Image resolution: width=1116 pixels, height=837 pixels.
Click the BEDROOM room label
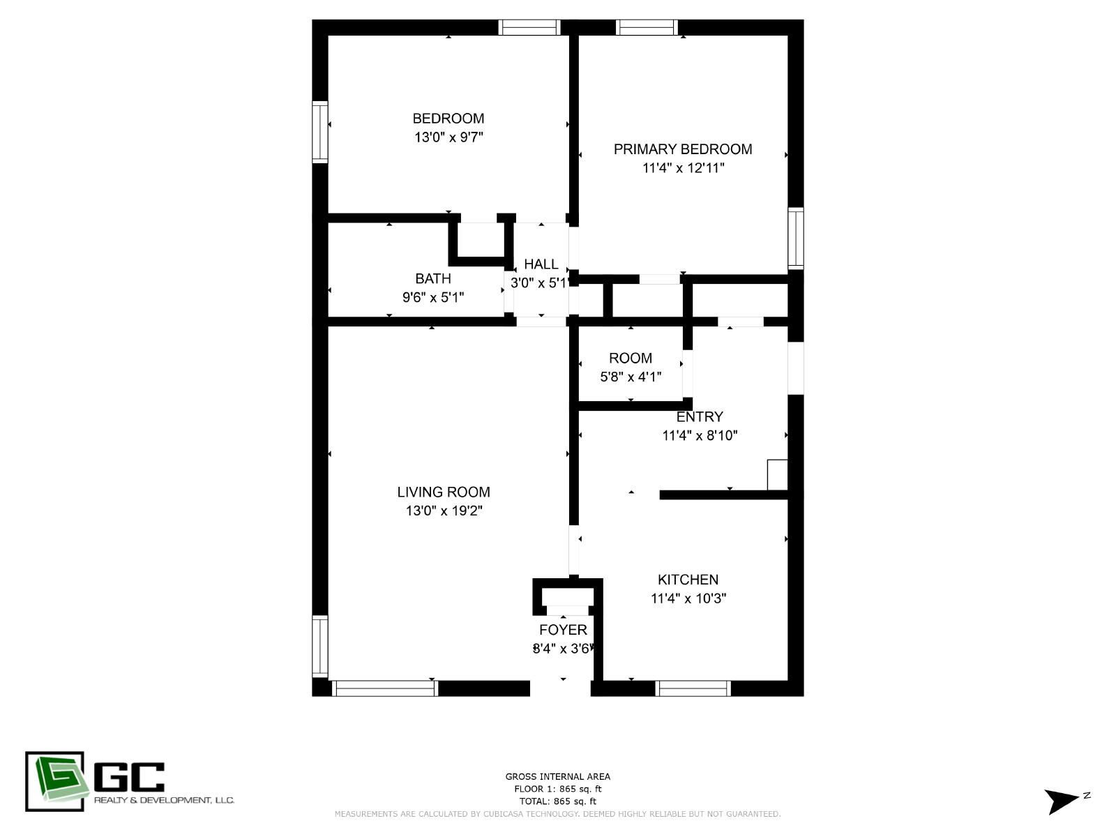(448, 119)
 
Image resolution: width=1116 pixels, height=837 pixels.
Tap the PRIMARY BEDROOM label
(683, 149)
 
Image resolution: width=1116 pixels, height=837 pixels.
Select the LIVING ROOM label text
(444, 492)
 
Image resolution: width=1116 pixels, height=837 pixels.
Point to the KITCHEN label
(688, 580)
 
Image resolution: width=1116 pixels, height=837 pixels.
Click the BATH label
(433, 278)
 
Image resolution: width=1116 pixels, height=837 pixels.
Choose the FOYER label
(563, 630)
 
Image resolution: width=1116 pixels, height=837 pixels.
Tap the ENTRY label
(699, 416)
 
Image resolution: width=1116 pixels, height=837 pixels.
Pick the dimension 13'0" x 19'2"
(444, 511)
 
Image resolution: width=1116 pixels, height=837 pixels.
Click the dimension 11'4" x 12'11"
(684, 167)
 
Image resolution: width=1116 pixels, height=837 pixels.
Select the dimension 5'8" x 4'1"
(631, 377)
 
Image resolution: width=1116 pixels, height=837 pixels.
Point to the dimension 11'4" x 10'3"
(688, 598)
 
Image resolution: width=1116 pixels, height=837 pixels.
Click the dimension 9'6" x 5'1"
(433, 297)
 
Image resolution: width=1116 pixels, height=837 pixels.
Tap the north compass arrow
(1061, 801)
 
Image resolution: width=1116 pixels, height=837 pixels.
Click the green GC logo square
(54, 781)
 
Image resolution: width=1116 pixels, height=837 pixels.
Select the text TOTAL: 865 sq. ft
(558, 801)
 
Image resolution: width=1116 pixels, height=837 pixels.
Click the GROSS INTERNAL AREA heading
(558, 776)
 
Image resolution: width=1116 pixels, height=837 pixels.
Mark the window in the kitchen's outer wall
(693, 688)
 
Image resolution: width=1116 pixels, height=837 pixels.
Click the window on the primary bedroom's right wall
(796, 239)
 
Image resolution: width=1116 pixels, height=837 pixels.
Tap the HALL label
(541, 264)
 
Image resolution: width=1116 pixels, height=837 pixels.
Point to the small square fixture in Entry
(778, 475)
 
